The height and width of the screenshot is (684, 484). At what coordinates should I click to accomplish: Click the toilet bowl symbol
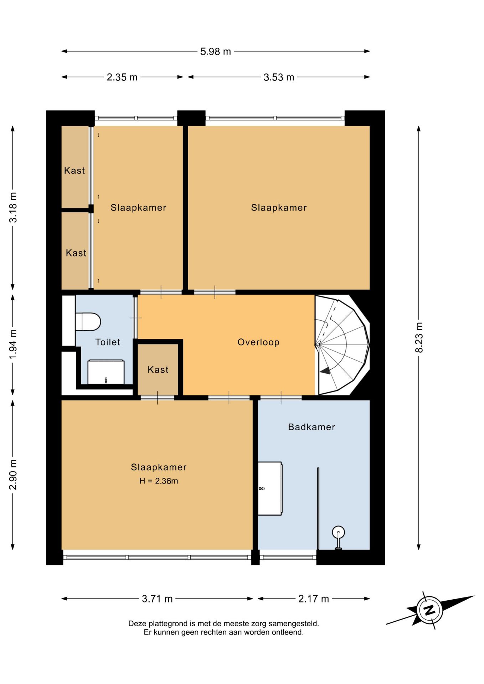(x=88, y=321)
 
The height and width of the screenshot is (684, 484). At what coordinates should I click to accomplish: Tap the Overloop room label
(x=258, y=342)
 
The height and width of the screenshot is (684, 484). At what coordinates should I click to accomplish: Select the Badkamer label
(x=311, y=427)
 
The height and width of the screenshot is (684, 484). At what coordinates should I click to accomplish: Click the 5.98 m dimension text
(x=216, y=52)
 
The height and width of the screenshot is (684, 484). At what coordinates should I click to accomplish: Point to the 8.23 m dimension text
(x=419, y=337)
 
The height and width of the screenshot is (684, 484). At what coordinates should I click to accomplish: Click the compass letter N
(x=429, y=610)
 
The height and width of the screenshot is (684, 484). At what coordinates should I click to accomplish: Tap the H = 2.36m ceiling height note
(x=159, y=481)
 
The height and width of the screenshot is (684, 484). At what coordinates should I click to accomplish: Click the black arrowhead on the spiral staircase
(x=325, y=371)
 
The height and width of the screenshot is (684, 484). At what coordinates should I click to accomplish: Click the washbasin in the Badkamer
(x=270, y=488)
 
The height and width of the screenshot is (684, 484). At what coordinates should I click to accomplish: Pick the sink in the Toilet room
(x=106, y=372)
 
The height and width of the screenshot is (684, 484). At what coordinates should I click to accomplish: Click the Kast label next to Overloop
(x=158, y=369)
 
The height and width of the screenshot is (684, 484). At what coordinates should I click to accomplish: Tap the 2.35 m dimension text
(x=122, y=77)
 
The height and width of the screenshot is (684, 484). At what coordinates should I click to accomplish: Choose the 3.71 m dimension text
(x=157, y=599)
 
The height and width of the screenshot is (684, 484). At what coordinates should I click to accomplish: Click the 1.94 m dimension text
(x=13, y=344)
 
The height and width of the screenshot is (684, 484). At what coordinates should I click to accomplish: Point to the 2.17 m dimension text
(x=314, y=599)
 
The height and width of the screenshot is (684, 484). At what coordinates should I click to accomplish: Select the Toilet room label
(x=108, y=342)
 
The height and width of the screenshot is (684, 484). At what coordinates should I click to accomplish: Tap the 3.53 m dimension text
(x=279, y=77)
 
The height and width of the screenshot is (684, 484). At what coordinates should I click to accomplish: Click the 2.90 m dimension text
(x=13, y=475)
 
